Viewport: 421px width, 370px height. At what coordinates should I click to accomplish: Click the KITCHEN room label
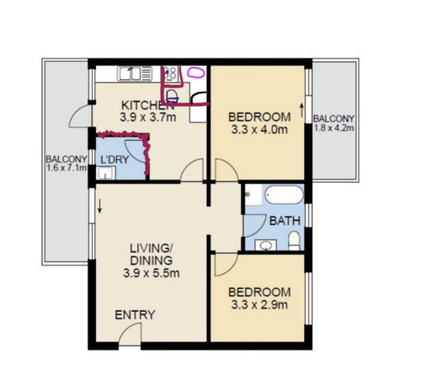pyautogui.click(x=148, y=105)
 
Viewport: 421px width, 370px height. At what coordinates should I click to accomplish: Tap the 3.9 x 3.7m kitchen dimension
pyautogui.click(x=148, y=117)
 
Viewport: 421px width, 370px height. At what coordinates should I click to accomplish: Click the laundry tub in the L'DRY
pyautogui.click(x=105, y=174)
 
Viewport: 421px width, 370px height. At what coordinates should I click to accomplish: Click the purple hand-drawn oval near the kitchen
pyautogui.click(x=195, y=73)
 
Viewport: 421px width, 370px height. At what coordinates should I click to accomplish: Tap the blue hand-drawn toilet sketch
pyautogui.click(x=171, y=95)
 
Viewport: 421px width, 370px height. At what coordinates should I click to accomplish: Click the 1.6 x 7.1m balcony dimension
pyautogui.click(x=65, y=169)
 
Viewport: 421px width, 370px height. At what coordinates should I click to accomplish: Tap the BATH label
pyautogui.click(x=280, y=221)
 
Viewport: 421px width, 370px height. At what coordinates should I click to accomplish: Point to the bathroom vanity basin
pyautogui.click(x=266, y=245)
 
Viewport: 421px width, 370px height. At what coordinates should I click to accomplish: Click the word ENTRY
pyautogui.click(x=136, y=315)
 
